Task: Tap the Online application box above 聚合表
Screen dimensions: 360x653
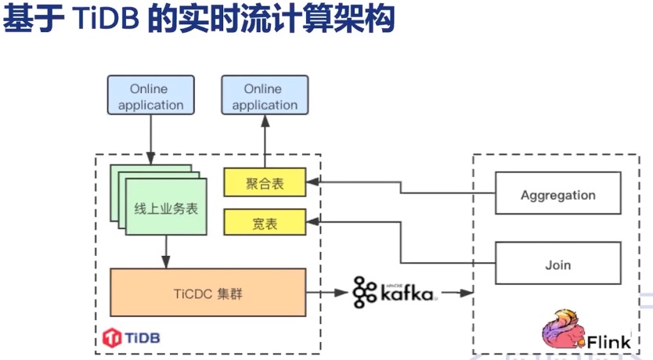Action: click(265, 97)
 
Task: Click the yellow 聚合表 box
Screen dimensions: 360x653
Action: click(265, 183)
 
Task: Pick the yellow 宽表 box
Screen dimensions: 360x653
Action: click(265, 223)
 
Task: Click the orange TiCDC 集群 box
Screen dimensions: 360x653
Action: click(207, 292)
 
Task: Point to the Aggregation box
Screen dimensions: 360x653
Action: click(557, 195)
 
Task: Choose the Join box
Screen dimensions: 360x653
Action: click(557, 264)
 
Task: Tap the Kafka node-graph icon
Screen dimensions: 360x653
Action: click(364, 292)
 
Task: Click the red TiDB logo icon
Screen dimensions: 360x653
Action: click(111, 337)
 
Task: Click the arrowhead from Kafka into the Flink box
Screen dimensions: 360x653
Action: click(467, 293)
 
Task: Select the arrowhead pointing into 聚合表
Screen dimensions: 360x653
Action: click(311, 183)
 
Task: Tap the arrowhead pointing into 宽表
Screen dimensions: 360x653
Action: click(311, 223)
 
